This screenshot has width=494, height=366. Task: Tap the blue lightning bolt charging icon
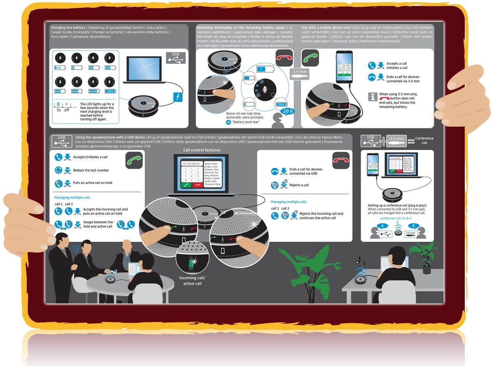click(x=178, y=98)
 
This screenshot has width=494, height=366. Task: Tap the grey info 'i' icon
click(x=372, y=97)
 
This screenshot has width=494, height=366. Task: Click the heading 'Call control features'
click(x=202, y=150)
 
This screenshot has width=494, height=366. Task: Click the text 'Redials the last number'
click(x=91, y=170)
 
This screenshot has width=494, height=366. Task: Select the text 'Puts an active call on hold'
click(x=93, y=183)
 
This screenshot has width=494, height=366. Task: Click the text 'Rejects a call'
click(x=299, y=185)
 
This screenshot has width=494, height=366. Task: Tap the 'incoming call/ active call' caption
click(x=192, y=281)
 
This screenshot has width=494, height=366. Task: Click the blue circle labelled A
click(x=382, y=225)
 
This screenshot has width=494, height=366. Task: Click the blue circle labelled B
click(x=414, y=225)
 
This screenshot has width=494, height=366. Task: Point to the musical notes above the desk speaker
click(x=360, y=261)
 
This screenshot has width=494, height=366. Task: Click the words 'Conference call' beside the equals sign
click(x=424, y=141)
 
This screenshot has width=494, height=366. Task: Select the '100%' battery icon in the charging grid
click(x=110, y=91)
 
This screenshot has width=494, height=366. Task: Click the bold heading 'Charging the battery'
click(x=68, y=27)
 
